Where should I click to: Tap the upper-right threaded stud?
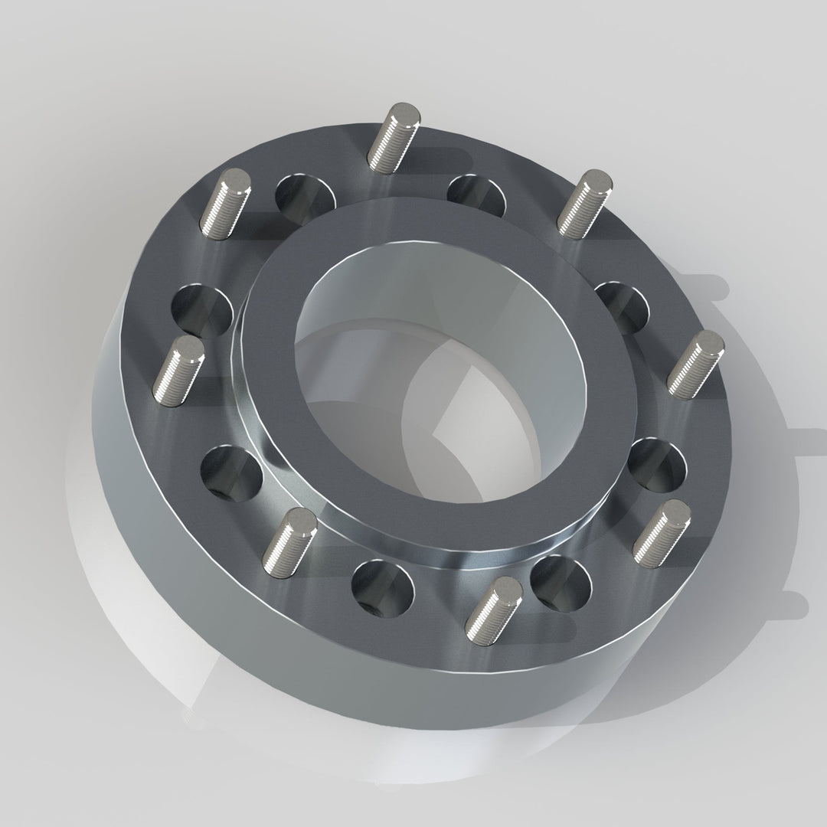pyautogui.click(x=583, y=204)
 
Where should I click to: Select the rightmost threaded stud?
pyautogui.click(x=694, y=363)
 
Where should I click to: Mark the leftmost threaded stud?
pyautogui.click(x=178, y=371)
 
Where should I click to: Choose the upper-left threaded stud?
pyautogui.click(x=224, y=203)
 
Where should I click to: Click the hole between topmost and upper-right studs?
pyautogui.click(x=476, y=194)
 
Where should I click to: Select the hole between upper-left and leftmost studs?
pyautogui.click(x=201, y=310)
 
